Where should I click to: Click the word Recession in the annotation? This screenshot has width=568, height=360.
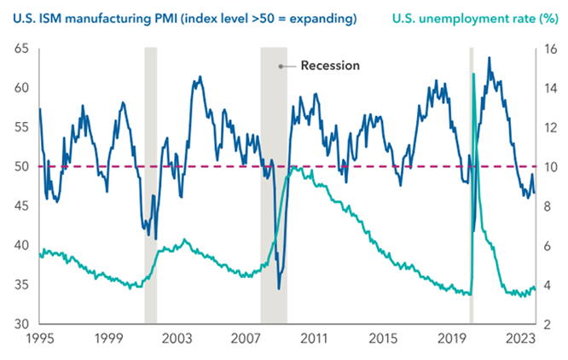[331, 66]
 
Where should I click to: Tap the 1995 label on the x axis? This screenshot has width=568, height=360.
[40, 339]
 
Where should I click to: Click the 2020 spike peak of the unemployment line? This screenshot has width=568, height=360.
[473, 75]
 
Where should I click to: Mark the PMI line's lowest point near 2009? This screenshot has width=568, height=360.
[279, 287]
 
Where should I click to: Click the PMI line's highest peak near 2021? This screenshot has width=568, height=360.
[489, 58]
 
